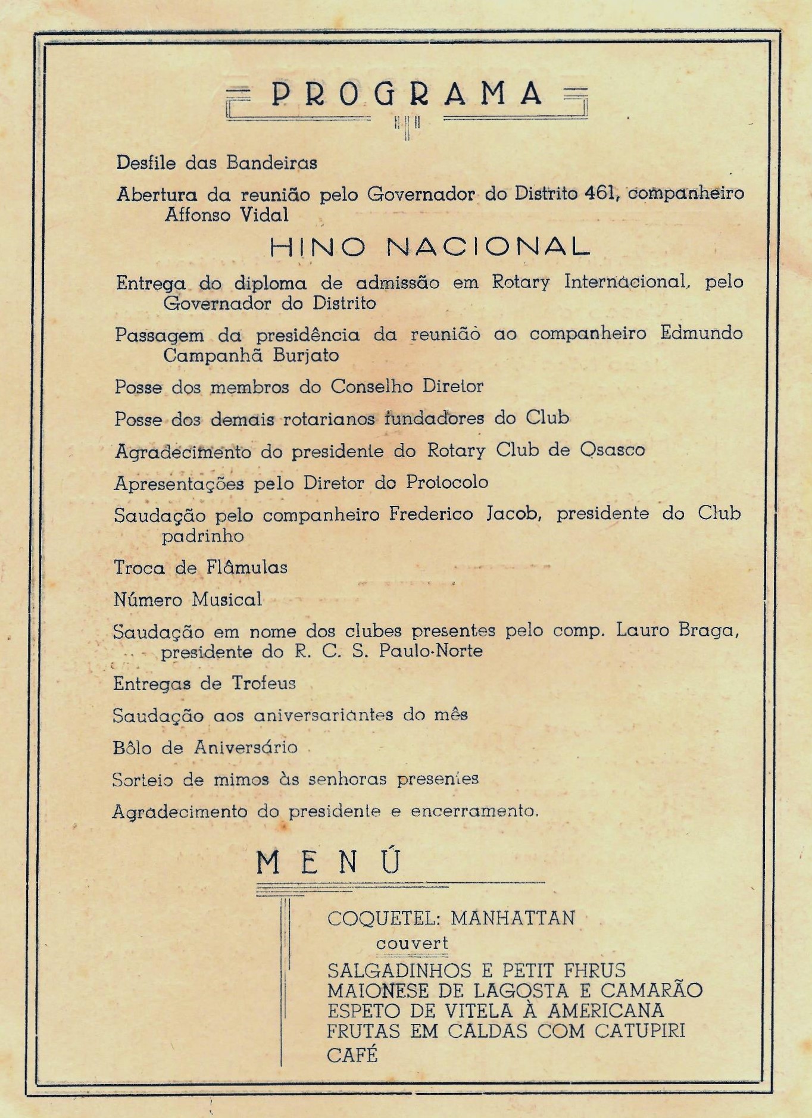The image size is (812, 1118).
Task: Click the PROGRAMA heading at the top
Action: (x=407, y=95)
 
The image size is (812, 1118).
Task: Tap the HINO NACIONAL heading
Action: (x=429, y=247)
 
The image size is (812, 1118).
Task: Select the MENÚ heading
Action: (x=329, y=862)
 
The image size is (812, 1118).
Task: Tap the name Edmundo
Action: (x=701, y=333)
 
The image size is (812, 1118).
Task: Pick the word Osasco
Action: (x=612, y=450)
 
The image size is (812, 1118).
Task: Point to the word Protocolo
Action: (x=447, y=482)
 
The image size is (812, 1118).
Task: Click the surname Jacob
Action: (x=513, y=514)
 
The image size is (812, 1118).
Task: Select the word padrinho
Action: (x=203, y=536)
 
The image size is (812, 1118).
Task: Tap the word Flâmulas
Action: (x=247, y=567)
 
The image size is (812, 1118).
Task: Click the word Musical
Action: (x=227, y=599)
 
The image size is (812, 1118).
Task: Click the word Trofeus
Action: (x=264, y=683)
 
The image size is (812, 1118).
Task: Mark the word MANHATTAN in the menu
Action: (x=513, y=918)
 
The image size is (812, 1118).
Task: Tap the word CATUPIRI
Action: (x=640, y=1030)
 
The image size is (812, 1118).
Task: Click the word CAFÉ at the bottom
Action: (x=352, y=1055)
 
